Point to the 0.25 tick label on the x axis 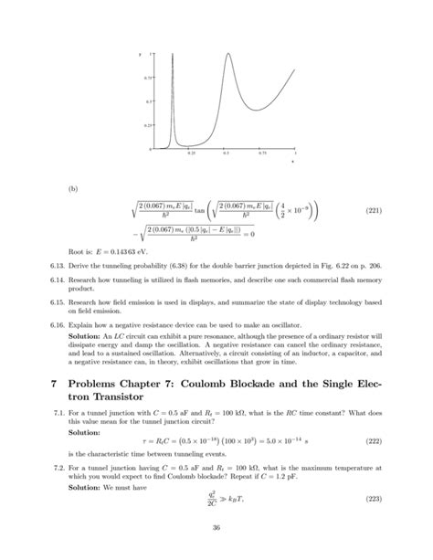click(191, 153)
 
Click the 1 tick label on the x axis click(295, 153)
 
